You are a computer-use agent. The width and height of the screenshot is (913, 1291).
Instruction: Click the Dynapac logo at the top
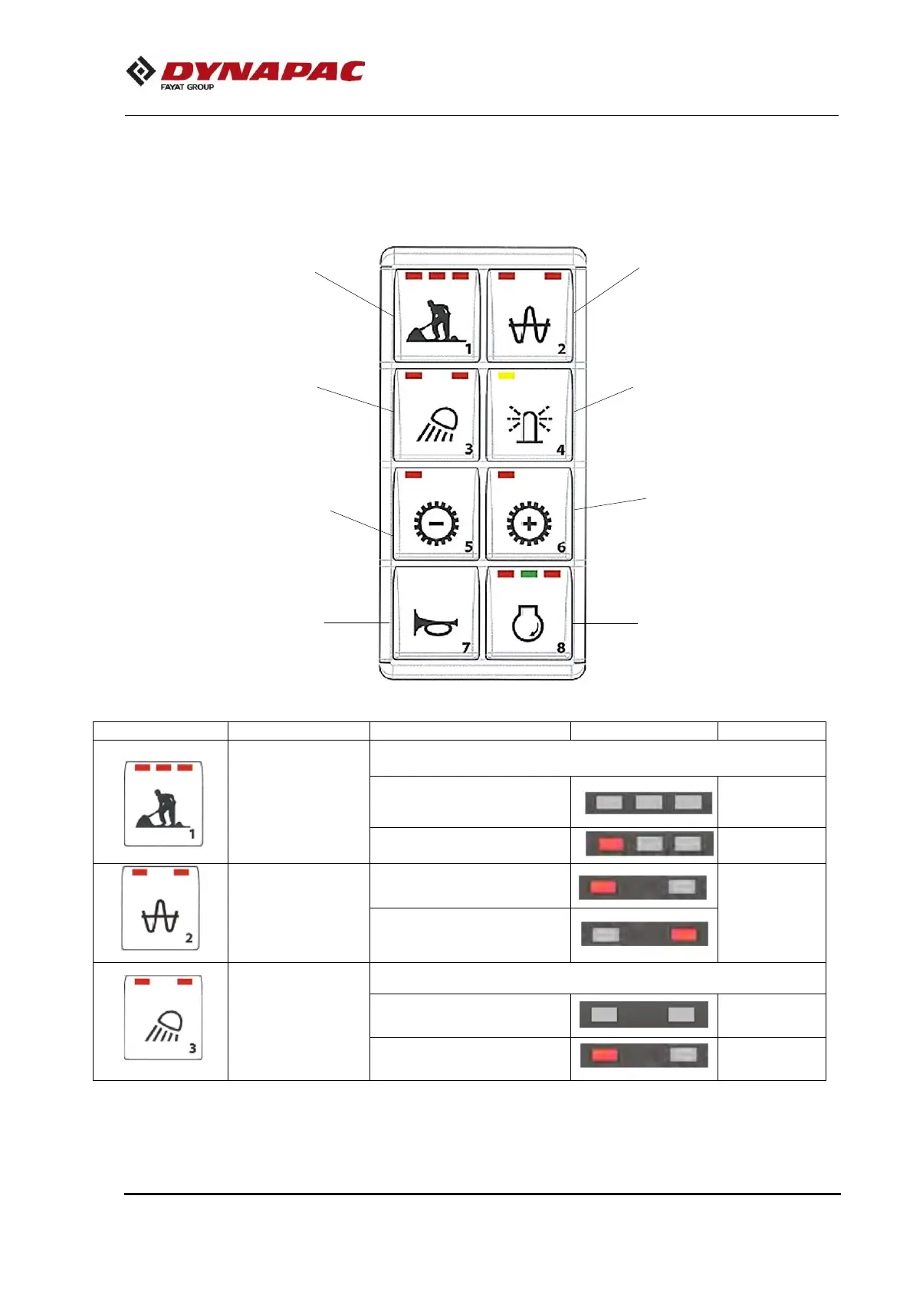(x=245, y=73)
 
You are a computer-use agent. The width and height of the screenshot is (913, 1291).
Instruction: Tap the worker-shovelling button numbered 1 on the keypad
(x=436, y=315)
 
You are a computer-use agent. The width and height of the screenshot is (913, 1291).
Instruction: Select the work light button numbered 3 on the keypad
(x=436, y=415)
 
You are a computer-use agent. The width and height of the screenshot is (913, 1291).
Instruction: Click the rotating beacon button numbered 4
(x=529, y=415)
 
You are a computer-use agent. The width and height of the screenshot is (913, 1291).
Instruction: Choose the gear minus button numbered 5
(x=436, y=514)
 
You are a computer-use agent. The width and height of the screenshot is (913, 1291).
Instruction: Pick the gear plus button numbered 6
(x=529, y=514)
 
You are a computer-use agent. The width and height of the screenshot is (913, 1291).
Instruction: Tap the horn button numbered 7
(x=435, y=613)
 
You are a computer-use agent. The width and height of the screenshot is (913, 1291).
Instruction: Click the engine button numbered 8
(x=529, y=613)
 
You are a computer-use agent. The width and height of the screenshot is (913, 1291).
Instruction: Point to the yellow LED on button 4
(x=506, y=376)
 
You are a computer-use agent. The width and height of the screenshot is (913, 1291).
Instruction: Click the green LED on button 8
(x=529, y=573)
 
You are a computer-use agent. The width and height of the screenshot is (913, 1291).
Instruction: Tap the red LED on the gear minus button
(x=413, y=475)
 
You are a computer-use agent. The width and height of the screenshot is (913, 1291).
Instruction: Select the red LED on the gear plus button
(x=506, y=475)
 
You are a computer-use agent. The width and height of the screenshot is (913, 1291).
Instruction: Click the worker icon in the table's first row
(x=163, y=803)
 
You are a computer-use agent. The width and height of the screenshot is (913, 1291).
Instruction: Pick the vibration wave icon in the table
(x=160, y=909)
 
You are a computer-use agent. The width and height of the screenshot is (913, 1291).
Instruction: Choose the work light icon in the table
(x=163, y=1018)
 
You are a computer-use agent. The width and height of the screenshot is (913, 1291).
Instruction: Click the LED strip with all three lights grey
(x=649, y=803)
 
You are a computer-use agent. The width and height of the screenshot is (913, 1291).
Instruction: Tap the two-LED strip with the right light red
(x=644, y=935)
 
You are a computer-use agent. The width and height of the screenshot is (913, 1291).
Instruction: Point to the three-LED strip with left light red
(x=649, y=844)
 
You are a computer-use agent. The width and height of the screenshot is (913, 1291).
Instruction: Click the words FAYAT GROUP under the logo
(x=187, y=87)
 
